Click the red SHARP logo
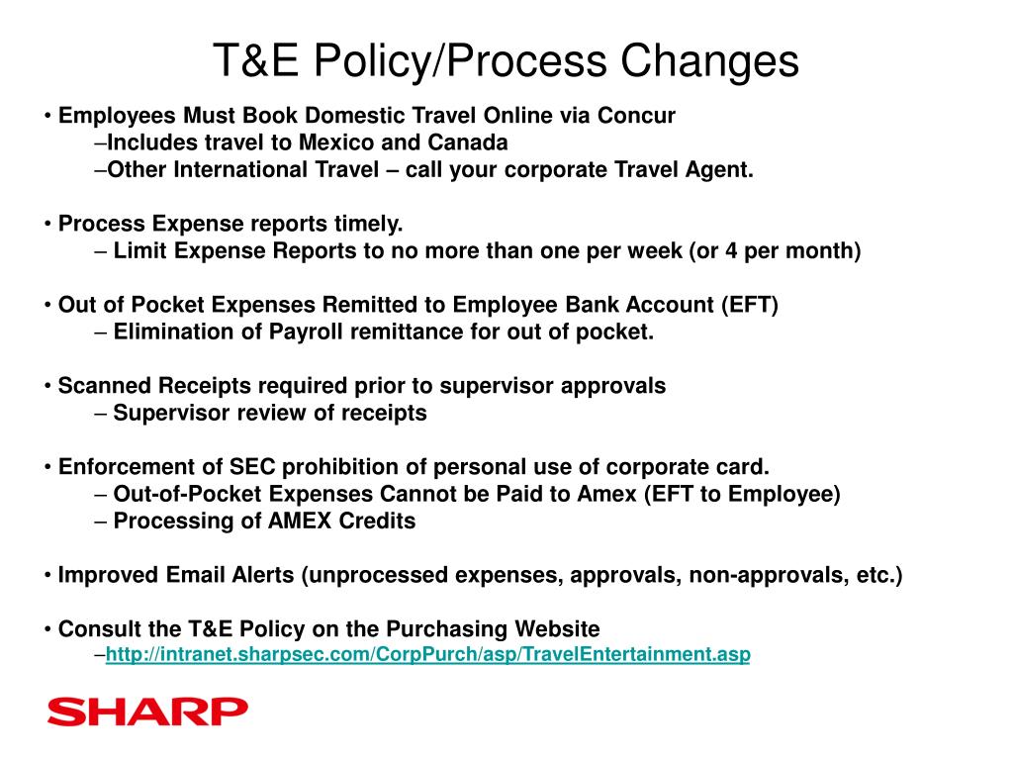[147, 711]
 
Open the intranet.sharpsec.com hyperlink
[427, 654]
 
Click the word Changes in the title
[709, 61]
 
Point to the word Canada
[473, 142]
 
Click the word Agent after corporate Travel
[718, 169]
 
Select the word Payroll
[305, 332]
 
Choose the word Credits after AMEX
[377, 521]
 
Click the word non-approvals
[759, 575]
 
